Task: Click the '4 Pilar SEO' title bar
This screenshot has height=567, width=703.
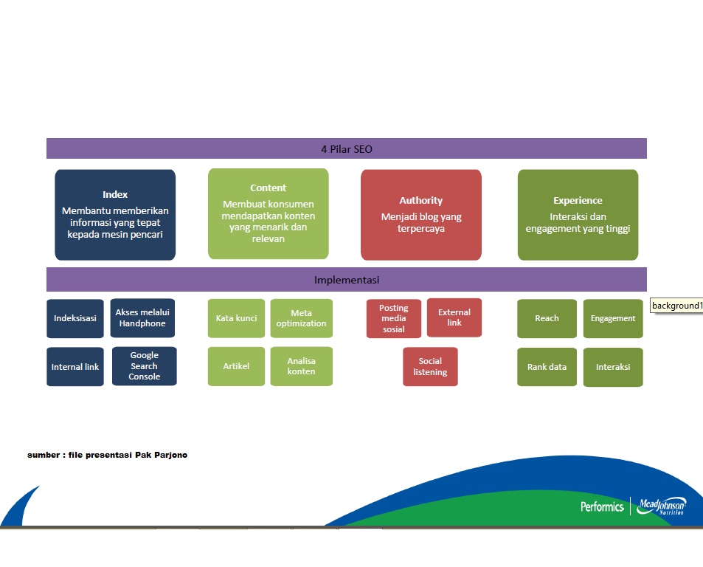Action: point(347,148)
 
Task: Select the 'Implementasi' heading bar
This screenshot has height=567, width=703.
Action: point(347,280)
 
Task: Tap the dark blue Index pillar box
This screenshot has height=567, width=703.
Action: point(115,215)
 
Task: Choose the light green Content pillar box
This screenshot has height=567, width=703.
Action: point(268,213)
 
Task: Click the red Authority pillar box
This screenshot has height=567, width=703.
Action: point(421,215)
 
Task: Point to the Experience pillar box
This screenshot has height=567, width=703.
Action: point(578,215)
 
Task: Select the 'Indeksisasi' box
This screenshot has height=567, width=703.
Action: point(75,318)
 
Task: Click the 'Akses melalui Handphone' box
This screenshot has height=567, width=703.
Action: point(142,318)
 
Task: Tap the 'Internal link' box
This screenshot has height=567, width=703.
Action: point(75,366)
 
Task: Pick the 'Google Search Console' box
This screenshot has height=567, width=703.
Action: point(145,366)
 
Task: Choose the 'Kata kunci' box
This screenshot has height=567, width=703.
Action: point(236,318)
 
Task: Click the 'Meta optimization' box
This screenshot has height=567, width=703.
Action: point(301,318)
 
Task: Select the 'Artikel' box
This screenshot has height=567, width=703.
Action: point(236,366)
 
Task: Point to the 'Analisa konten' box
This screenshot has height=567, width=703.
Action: point(301,366)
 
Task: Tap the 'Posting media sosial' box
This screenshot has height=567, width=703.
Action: point(394,318)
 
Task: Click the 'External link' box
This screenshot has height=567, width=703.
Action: point(454,317)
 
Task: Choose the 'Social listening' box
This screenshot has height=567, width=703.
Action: point(430,366)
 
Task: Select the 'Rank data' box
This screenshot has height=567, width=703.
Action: point(547,367)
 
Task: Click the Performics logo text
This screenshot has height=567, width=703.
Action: point(602,507)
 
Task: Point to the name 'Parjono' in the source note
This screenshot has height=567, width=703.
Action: point(171,455)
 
